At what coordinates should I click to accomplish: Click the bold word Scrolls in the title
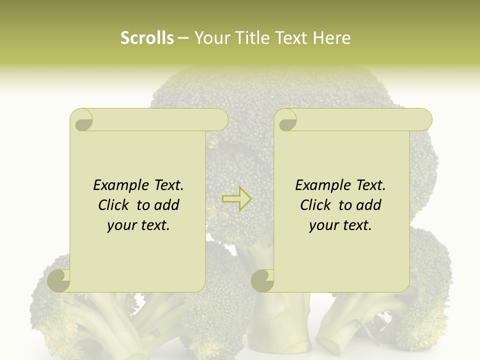click(147, 38)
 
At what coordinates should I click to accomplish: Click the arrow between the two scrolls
click(236, 199)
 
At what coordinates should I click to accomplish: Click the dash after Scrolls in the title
click(183, 38)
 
